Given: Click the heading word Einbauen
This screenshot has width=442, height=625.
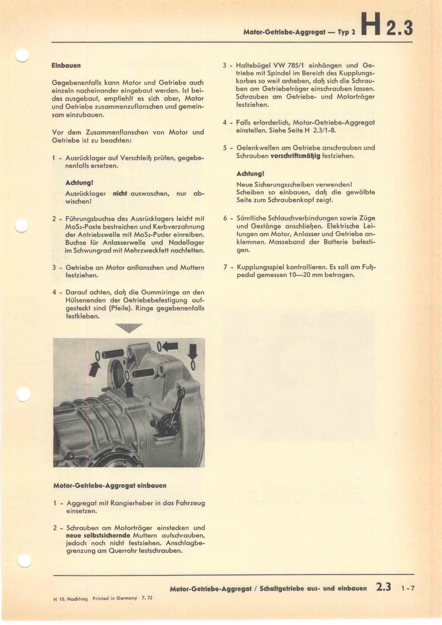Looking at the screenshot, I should [x=66, y=66].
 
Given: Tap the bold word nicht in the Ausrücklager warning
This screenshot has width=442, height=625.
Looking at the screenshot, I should [x=120, y=193].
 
